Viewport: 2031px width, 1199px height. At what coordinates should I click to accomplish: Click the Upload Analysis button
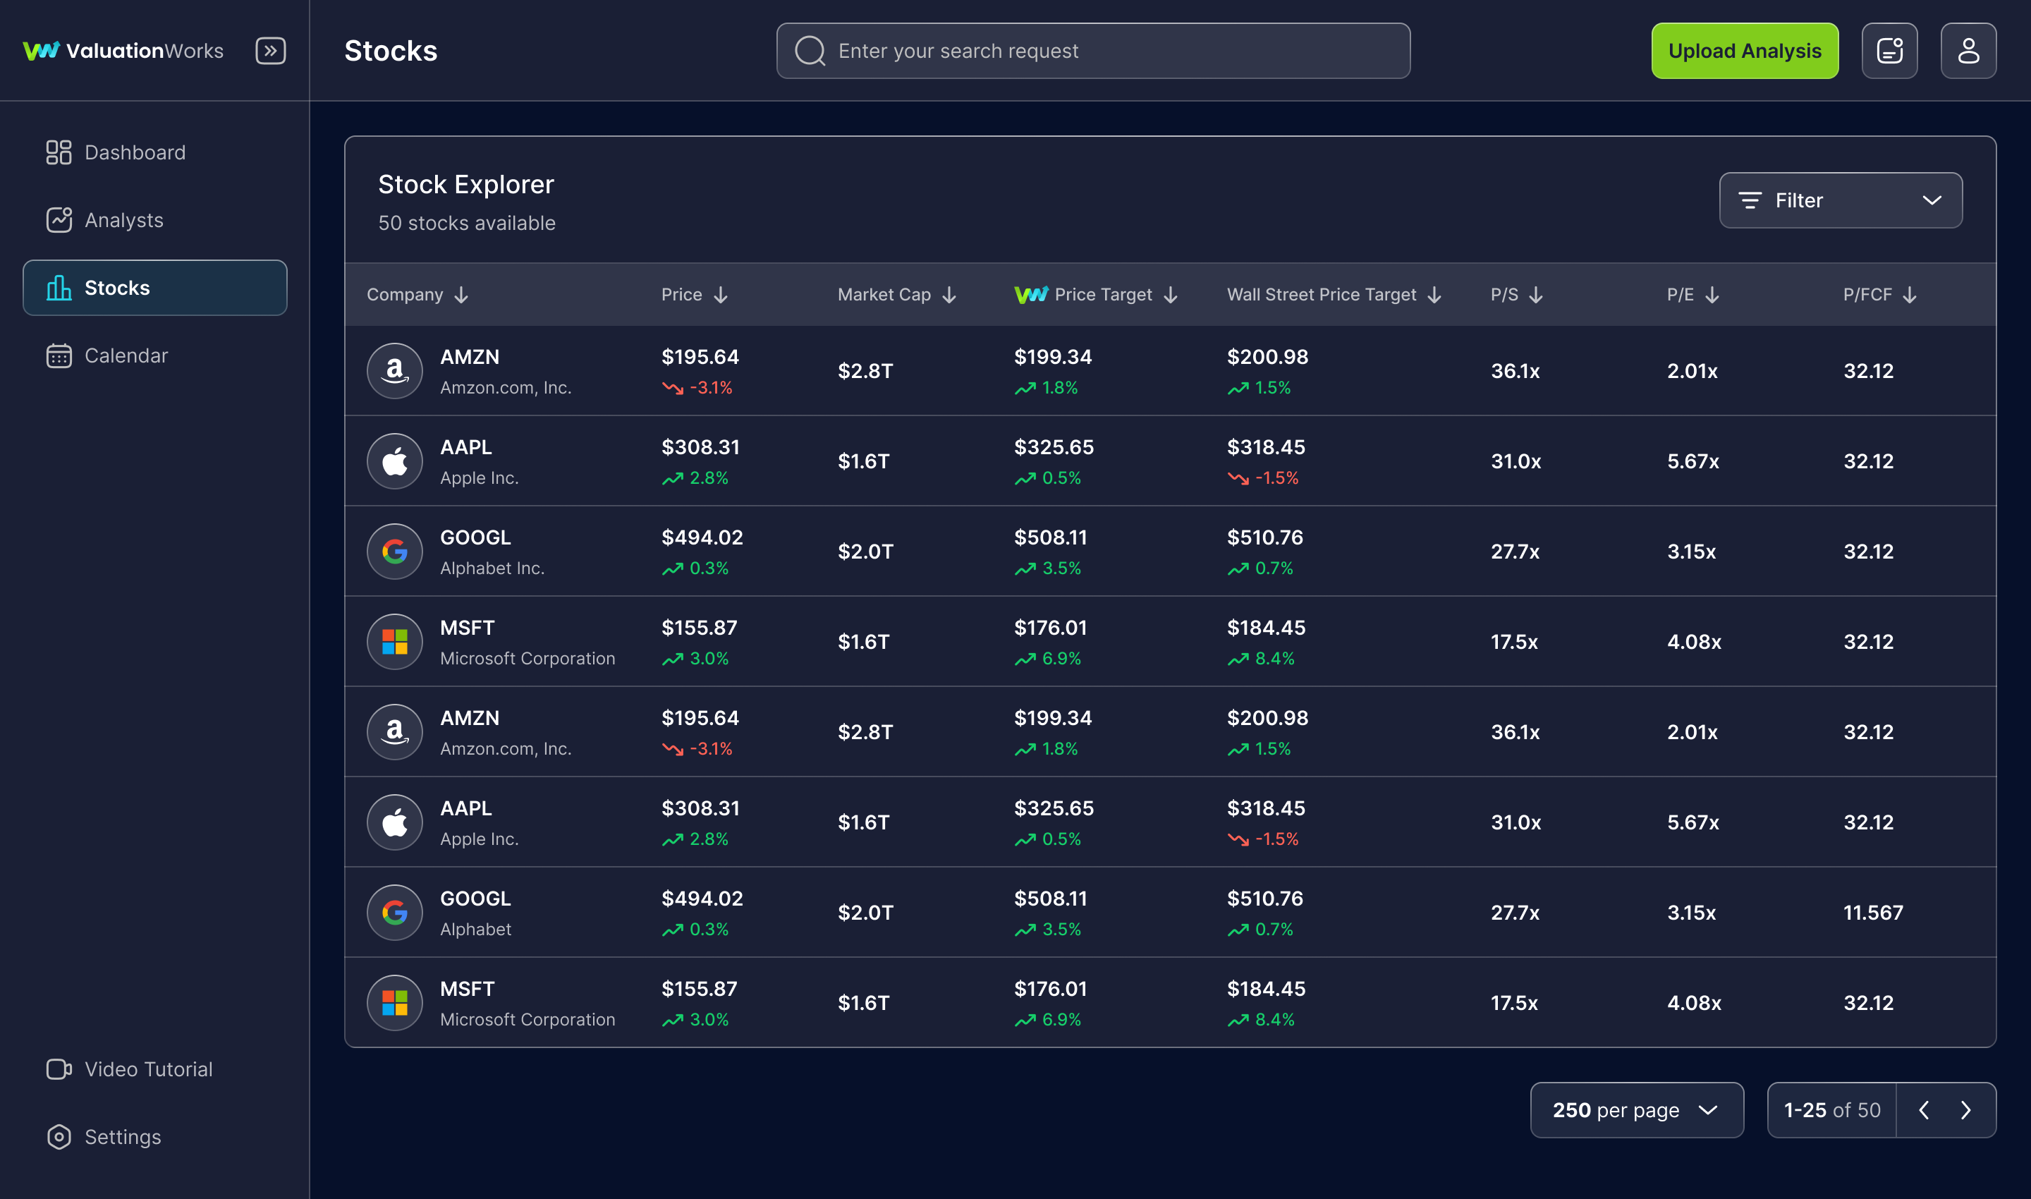pos(1744,51)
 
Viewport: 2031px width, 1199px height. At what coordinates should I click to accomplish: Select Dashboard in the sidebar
pos(134,153)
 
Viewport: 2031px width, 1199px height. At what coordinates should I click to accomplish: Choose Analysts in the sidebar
pos(123,220)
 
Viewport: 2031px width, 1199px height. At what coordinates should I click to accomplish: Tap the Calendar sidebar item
pos(126,355)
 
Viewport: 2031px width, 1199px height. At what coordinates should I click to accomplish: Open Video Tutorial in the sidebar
pos(148,1069)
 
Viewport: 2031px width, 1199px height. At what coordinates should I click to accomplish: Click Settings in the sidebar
pos(122,1137)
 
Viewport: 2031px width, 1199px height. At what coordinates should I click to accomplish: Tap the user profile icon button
pos(1968,51)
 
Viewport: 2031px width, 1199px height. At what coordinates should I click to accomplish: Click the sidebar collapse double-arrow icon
pos(271,51)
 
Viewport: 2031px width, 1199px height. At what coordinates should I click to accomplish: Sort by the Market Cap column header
pos(896,295)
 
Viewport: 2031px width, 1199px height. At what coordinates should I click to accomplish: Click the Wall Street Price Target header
pos(1333,295)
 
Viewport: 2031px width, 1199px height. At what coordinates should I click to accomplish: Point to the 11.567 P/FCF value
pos(1872,912)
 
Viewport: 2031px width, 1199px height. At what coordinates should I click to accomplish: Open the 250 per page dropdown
pos(1636,1110)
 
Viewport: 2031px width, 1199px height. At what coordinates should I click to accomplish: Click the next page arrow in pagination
pos(1965,1110)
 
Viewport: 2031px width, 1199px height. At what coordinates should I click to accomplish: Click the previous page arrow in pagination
pos(1924,1110)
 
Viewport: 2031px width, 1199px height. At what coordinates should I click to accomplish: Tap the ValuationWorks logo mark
pos(40,51)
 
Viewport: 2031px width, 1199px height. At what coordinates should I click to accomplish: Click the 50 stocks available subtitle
pos(466,223)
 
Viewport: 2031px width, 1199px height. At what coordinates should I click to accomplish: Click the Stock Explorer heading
pos(465,184)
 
